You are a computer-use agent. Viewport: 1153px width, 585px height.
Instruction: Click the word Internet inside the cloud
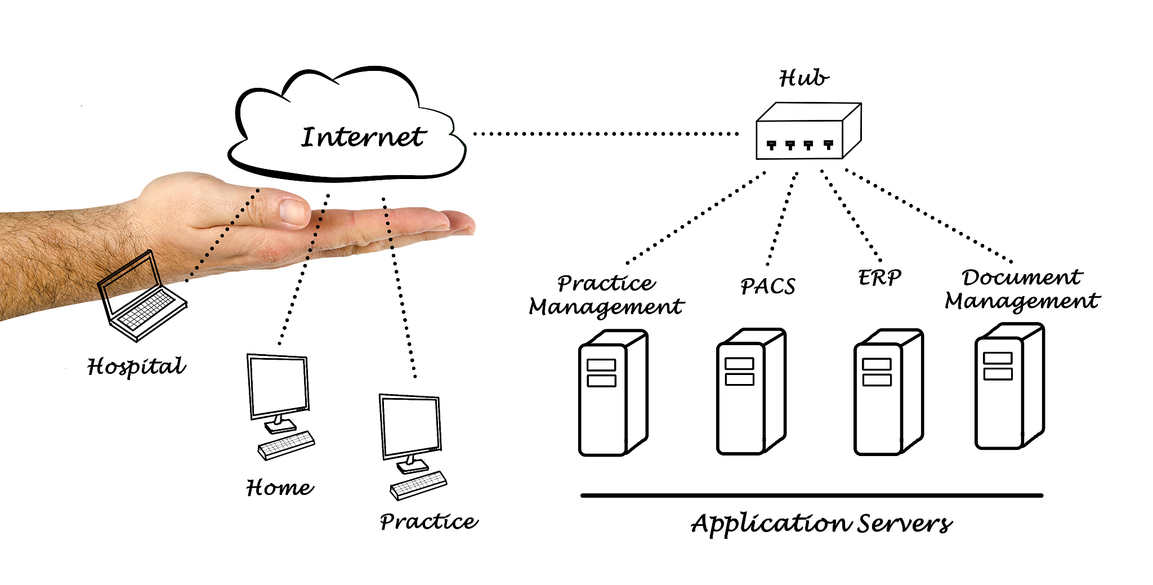363,137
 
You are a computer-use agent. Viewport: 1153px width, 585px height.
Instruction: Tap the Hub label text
803,78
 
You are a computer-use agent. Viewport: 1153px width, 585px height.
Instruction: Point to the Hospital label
136,367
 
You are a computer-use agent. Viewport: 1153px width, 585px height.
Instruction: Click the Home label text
280,488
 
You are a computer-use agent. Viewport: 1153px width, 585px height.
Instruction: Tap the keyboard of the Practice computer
418,485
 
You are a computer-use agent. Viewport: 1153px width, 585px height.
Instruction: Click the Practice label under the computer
428,521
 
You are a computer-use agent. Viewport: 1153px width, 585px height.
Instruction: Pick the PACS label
767,287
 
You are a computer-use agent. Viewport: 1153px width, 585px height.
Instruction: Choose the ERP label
879,278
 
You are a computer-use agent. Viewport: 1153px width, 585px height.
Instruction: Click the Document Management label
1022,289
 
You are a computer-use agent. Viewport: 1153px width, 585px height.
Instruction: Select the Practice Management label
606,296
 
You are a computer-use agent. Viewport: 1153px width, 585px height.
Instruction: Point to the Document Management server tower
1009,386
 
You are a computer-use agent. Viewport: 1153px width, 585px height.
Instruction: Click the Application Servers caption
821,524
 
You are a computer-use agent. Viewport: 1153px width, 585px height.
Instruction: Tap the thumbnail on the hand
293,212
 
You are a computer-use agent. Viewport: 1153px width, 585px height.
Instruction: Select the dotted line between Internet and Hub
605,134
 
